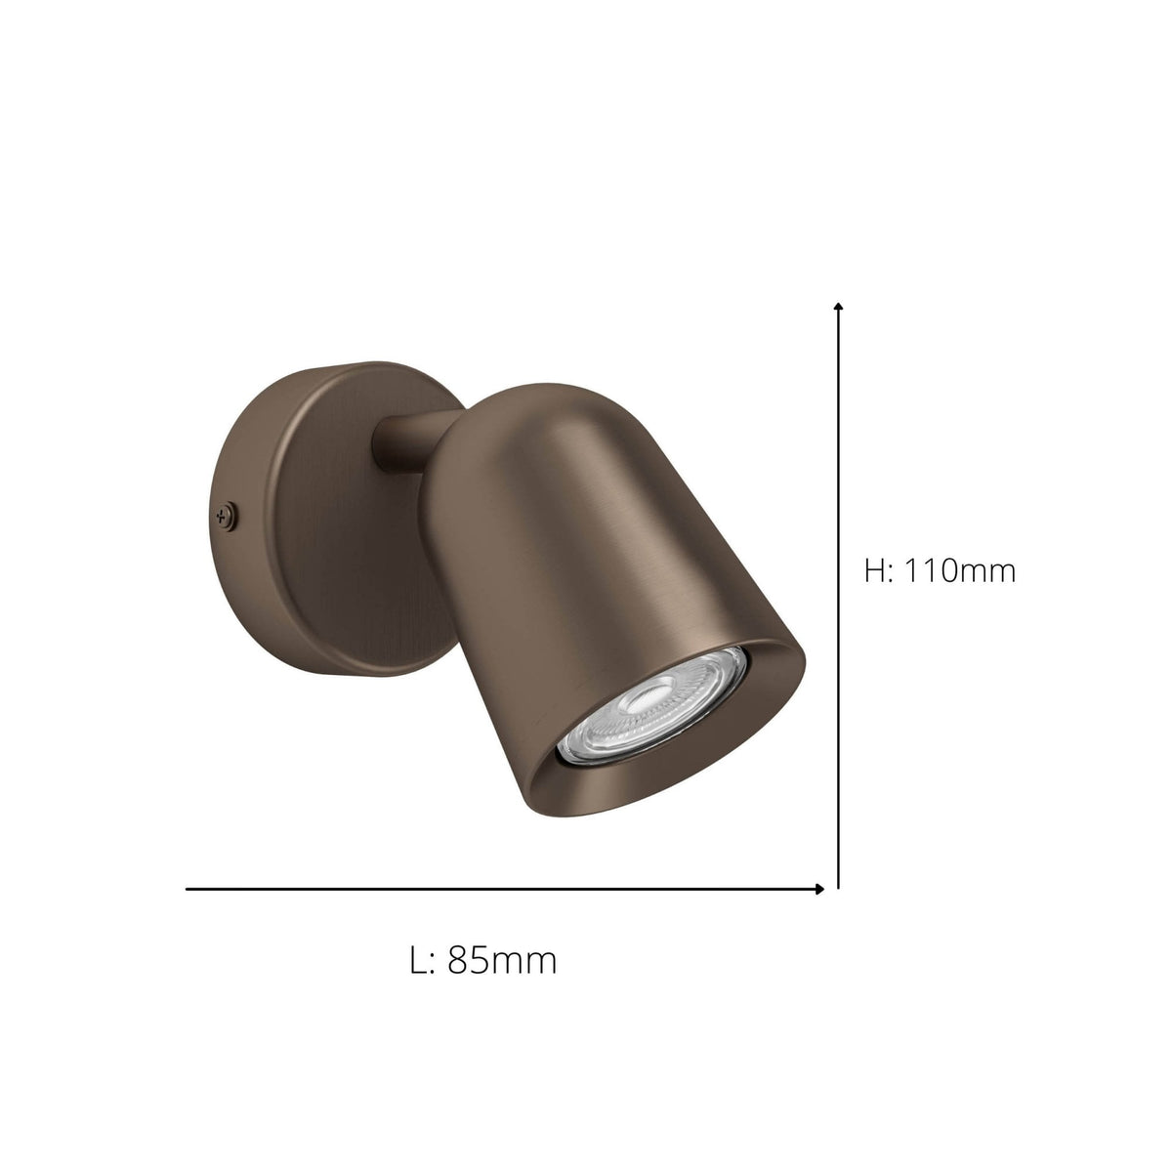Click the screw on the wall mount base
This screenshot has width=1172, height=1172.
[227, 514]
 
